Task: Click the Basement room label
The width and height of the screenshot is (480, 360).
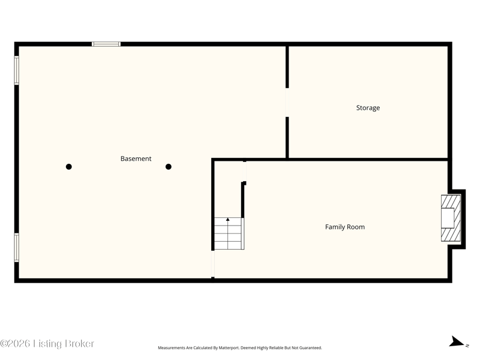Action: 136,158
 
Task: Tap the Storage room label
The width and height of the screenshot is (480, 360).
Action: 368,108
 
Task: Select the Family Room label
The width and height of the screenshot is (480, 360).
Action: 344,227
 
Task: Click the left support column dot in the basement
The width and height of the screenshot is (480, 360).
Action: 69,167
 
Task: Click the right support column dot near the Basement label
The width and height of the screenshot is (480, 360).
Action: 169,167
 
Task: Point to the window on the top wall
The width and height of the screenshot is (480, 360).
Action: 106,44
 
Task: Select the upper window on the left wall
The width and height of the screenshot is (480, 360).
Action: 17,70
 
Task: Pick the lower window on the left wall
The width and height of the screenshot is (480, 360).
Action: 17,248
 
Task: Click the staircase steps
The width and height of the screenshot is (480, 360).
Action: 228,233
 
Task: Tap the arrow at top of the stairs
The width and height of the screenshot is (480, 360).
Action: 228,219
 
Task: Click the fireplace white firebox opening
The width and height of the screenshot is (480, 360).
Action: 447,218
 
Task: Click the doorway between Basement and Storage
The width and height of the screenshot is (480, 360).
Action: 287,102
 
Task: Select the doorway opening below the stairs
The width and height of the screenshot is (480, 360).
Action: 213,264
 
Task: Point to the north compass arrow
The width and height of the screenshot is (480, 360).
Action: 457,341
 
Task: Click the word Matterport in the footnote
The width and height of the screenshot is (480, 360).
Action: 229,348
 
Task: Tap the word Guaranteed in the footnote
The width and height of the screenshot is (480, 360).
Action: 310,348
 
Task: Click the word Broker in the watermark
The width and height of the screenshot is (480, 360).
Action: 80,344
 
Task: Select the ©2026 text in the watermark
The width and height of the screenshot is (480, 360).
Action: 15,344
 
